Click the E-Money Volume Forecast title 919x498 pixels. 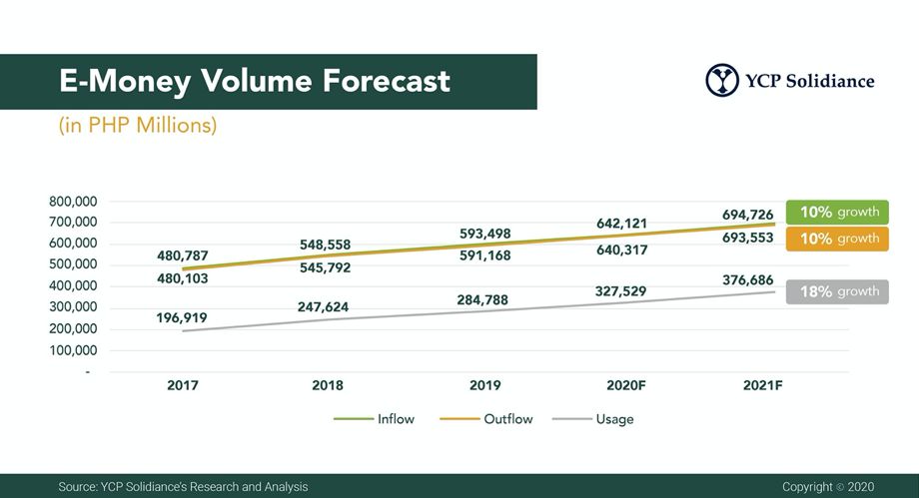click(255, 81)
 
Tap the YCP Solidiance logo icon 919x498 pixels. click(721, 81)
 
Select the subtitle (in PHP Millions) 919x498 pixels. click(138, 127)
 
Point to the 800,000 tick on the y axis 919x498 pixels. click(69, 201)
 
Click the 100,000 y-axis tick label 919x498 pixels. click(69, 350)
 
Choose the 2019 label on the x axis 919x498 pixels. click(484, 385)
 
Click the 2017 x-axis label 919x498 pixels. click(183, 385)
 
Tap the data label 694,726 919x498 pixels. click(748, 215)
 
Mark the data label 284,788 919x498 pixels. click(483, 298)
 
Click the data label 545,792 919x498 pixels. click(325, 267)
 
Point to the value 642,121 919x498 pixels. click(623, 223)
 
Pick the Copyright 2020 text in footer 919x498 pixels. click(828, 486)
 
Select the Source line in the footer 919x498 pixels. click(183, 486)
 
